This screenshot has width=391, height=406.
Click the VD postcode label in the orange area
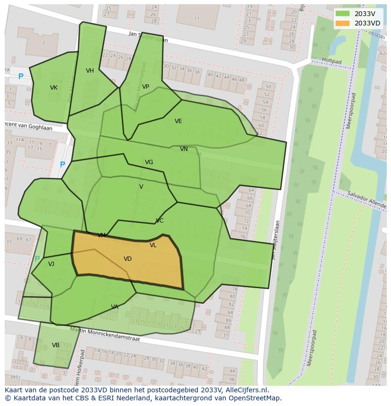pyautogui.click(x=127, y=259)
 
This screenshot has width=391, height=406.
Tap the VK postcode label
pyautogui.click(x=54, y=88)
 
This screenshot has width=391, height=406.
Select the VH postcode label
pyautogui.click(x=90, y=71)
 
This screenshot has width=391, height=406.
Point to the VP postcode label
pyautogui.click(x=145, y=87)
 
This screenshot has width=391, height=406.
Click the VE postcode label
pyautogui.click(x=178, y=121)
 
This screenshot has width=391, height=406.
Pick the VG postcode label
pyautogui.click(x=149, y=162)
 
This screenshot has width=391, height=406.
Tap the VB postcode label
pyautogui.click(x=56, y=345)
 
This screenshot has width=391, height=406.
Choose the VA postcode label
pyautogui.click(x=115, y=307)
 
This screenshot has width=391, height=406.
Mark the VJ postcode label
pyautogui.click(x=51, y=264)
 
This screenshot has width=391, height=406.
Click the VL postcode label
pyautogui.click(x=153, y=245)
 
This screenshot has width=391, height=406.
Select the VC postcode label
pyautogui.click(x=160, y=221)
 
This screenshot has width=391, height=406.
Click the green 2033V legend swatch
pyautogui.click(x=343, y=14)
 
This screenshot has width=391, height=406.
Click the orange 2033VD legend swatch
pyautogui.click(x=343, y=23)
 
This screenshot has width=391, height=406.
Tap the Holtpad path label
pyautogui.click(x=331, y=61)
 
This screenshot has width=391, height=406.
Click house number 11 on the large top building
pyautogui.click(x=196, y=18)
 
